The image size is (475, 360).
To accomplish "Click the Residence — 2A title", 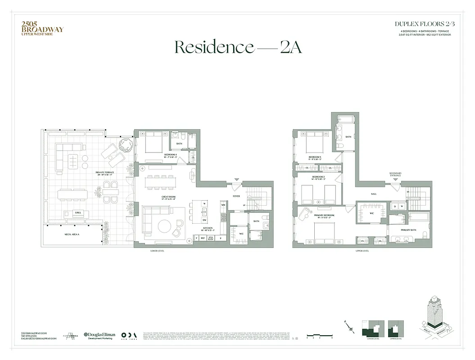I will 238,47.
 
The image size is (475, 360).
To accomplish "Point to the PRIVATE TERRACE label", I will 104,173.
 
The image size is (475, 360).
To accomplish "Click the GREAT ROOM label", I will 168,197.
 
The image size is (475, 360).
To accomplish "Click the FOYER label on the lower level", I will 236,196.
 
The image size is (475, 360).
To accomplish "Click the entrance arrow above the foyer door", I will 235,180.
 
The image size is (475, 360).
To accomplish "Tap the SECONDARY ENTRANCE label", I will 395,175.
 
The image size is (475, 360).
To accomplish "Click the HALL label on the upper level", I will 373,194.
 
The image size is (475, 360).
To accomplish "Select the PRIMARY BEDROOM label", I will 324,216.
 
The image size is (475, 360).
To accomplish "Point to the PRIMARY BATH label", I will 408,230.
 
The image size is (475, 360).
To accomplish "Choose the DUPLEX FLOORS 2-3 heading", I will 425,23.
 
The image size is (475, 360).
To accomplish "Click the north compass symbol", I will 349,329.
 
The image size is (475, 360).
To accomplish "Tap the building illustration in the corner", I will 435,315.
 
